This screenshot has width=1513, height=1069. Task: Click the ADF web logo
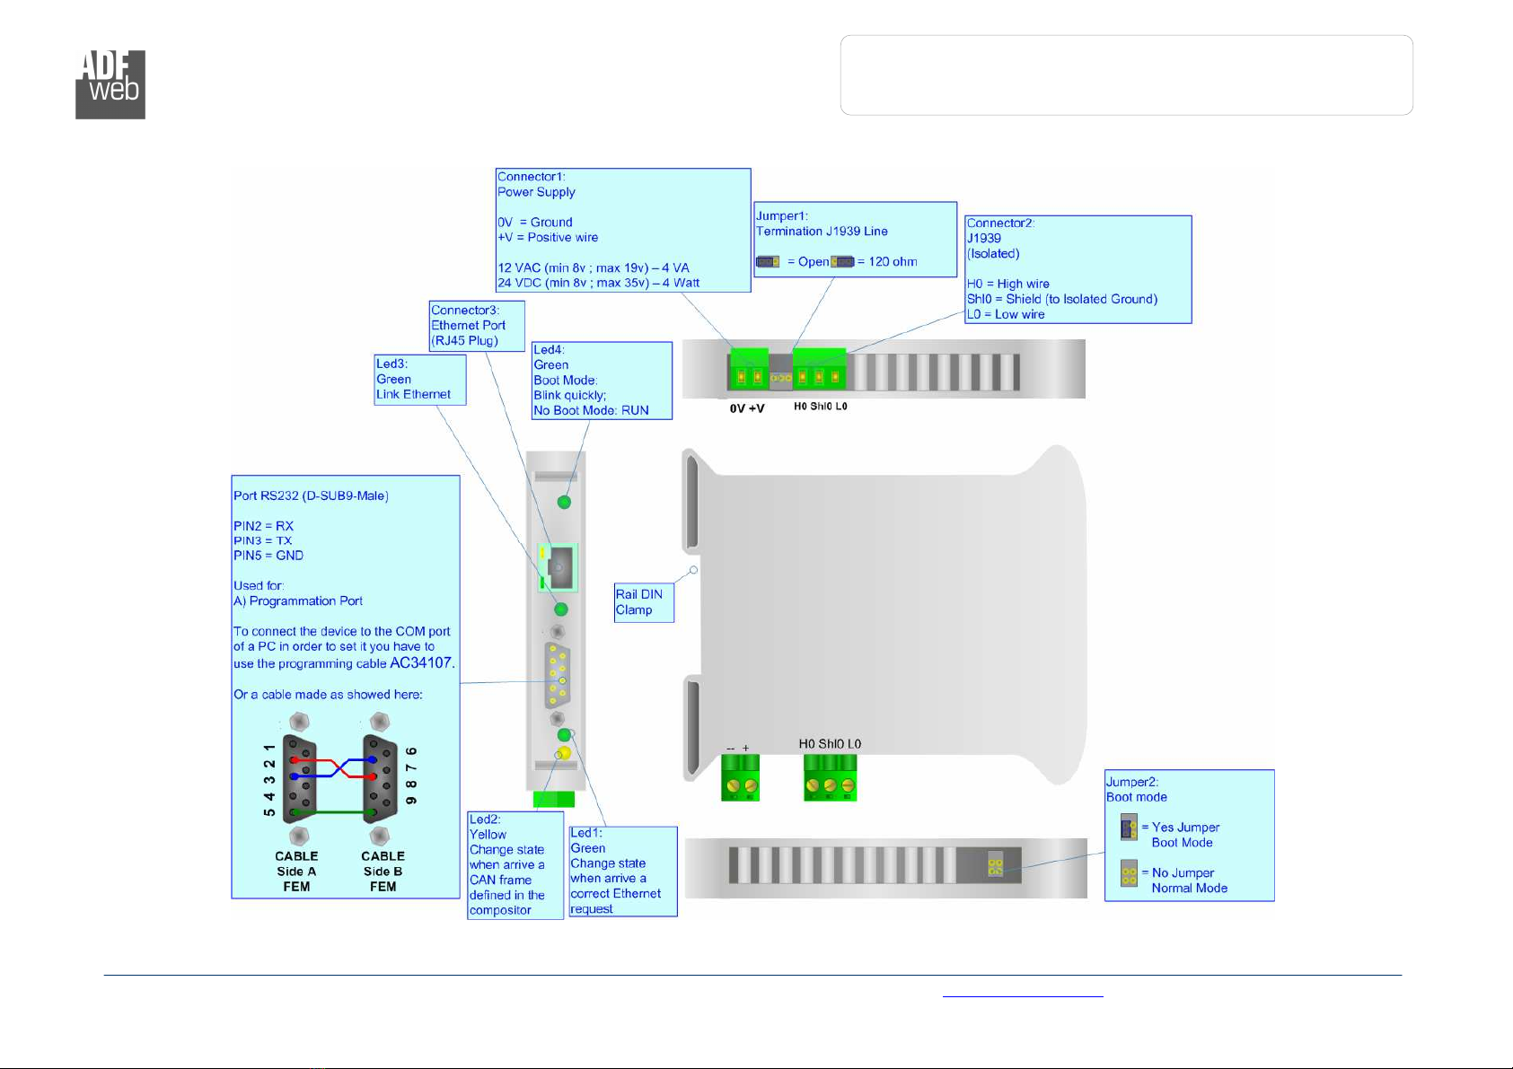[110, 84]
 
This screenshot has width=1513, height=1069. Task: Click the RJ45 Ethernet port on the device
[558, 567]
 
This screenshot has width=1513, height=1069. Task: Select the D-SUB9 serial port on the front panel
[558, 675]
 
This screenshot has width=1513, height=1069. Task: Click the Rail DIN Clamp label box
[644, 602]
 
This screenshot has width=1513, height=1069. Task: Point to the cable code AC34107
[421, 662]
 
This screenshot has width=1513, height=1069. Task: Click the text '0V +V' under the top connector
[747, 407]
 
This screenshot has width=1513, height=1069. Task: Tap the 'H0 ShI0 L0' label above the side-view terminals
[830, 743]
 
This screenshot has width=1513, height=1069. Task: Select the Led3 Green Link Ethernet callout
[420, 380]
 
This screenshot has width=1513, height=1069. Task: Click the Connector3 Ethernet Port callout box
[477, 326]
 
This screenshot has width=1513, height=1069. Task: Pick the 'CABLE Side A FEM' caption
[295, 872]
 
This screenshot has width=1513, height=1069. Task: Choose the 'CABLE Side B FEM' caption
[383, 872]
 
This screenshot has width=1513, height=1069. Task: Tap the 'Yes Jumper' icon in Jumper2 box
[1128, 828]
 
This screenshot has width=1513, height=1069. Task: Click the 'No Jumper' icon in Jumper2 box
[1129, 873]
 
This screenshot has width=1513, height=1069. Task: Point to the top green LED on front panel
[564, 502]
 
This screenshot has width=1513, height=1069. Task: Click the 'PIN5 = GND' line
[268, 555]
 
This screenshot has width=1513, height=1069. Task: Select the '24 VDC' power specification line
[598, 283]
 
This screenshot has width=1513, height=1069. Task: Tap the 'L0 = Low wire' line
[1005, 314]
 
